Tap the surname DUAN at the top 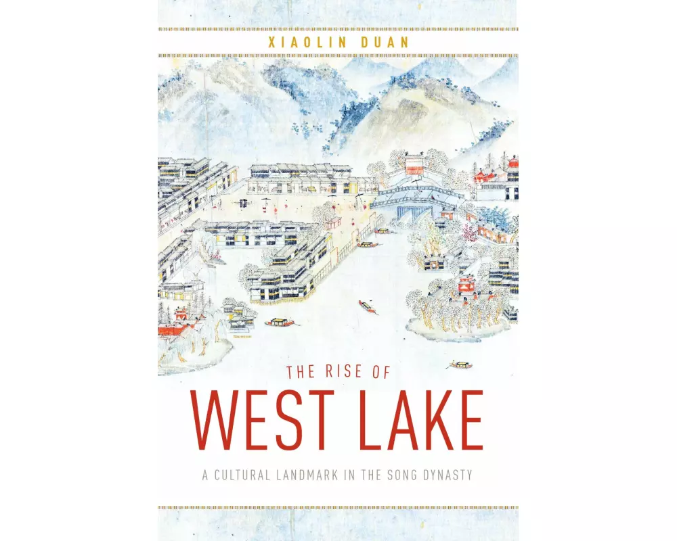coord(374,42)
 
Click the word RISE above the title coord(340,372)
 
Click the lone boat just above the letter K coord(460,365)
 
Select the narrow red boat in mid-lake coord(366,306)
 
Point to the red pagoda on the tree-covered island coord(465,283)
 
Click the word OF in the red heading coord(380,372)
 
